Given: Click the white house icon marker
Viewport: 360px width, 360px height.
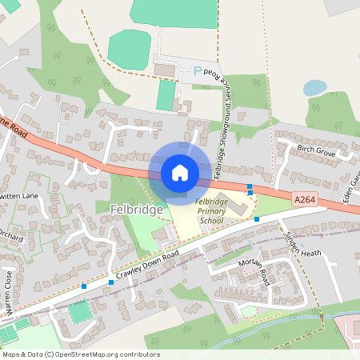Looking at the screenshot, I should tap(179, 172).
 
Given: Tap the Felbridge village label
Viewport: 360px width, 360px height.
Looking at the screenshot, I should tap(134, 210).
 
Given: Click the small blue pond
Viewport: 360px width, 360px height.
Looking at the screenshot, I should tap(314, 87).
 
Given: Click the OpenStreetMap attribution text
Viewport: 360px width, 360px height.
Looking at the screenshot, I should tap(81, 354).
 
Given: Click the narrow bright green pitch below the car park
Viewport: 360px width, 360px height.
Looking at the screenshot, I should tap(166, 95).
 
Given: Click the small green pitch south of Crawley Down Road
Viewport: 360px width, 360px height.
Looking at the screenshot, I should tap(78, 311).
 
